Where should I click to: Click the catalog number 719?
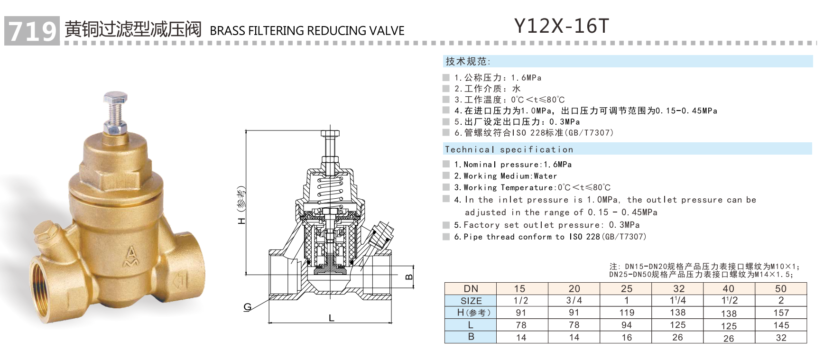tap(32, 31)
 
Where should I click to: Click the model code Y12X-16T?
tap(561, 27)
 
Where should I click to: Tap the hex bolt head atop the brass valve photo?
tap(115, 99)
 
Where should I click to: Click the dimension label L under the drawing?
tap(331, 318)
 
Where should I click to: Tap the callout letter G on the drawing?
tap(247, 307)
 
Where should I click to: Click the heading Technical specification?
tap(509, 149)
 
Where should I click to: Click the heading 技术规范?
tap(467, 61)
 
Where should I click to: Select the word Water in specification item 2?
tap(545, 176)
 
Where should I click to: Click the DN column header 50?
tap(780, 288)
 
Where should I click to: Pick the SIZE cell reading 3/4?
tap(574, 301)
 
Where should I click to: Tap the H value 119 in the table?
tap(626, 313)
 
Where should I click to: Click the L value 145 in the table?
tap(780, 325)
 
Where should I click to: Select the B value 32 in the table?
tap(780, 338)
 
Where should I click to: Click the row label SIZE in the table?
tap(471, 301)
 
